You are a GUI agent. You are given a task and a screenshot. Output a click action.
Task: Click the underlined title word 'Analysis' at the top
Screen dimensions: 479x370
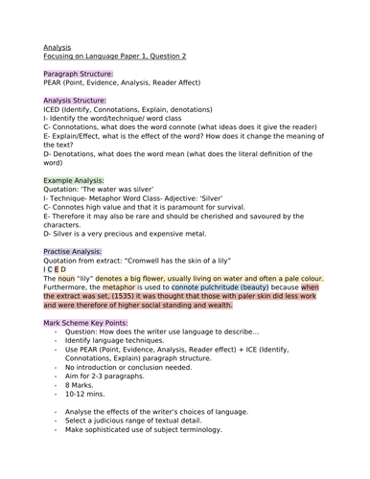[x=57, y=46]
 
